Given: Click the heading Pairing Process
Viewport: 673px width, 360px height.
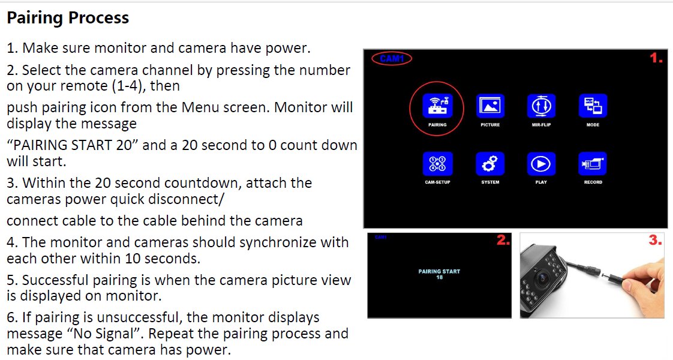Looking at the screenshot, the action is point(68,17).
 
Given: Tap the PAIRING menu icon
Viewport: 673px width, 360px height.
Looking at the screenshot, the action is point(437,106).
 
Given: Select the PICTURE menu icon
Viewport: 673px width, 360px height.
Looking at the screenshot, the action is point(490,106).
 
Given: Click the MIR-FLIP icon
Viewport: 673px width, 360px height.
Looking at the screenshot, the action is point(541,106).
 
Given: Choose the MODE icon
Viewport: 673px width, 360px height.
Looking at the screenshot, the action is point(593,106).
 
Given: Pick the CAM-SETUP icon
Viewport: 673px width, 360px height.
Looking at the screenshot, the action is point(437,164).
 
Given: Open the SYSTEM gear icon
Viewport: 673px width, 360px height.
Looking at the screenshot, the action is point(490,164).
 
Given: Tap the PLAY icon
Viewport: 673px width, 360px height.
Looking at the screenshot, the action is point(541,164).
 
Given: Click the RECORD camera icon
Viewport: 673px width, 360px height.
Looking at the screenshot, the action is point(593,164).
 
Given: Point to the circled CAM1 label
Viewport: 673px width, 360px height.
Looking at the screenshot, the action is point(392,58).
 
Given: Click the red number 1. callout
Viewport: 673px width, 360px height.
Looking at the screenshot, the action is point(656,58).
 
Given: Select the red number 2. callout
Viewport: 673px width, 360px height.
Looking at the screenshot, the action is point(503,240).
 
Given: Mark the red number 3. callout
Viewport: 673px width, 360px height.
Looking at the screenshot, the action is point(656,240).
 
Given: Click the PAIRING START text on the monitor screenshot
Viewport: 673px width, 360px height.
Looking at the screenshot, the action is point(439,271).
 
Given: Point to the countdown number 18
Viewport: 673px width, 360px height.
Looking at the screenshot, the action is point(439,277).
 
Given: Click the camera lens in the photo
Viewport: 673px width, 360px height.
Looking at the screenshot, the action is point(542,279).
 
